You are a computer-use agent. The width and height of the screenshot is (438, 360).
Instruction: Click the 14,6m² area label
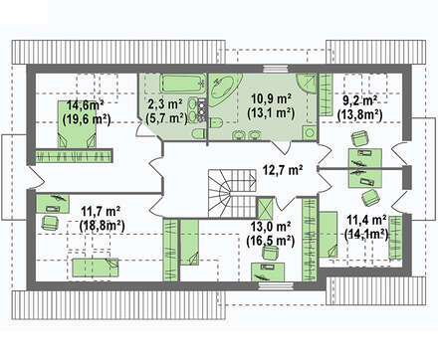tap(86, 106)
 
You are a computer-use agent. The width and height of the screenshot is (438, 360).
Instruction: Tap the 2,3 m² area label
tap(165, 104)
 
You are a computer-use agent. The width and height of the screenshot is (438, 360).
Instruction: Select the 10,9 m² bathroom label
tap(272, 98)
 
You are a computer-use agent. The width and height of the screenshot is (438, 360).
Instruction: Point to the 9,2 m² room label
tap(360, 99)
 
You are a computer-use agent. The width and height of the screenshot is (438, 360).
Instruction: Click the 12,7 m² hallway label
tap(283, 170)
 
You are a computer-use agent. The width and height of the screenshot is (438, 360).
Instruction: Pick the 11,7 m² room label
tap(101, 211)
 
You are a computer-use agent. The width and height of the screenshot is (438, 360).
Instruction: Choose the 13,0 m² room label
tap(271, 227)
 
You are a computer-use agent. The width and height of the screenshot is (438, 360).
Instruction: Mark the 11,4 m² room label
tap(366, 219)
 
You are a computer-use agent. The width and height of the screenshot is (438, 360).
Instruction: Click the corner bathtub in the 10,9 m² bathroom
tap(223, 90)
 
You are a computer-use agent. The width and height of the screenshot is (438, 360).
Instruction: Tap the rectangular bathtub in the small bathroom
tap(182, 85)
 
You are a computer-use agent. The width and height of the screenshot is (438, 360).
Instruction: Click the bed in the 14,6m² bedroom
tap(77, 124)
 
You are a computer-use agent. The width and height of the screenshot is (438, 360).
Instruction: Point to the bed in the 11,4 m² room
tap(328, 235)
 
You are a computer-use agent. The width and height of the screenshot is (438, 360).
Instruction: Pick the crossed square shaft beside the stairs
tap(265, 209)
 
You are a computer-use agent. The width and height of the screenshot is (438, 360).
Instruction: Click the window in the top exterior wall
tap(275, 69)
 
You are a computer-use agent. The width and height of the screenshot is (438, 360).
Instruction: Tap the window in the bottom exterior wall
tap(276, 286)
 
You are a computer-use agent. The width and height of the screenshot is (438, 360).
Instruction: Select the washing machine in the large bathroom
tap(310, 133)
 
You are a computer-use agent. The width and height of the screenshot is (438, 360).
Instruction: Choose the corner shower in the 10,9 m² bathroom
tap(307, 83)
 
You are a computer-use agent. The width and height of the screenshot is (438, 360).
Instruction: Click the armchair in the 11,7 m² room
tap(50, 223)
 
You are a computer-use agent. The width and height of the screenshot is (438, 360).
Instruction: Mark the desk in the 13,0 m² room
tap(268, 272)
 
